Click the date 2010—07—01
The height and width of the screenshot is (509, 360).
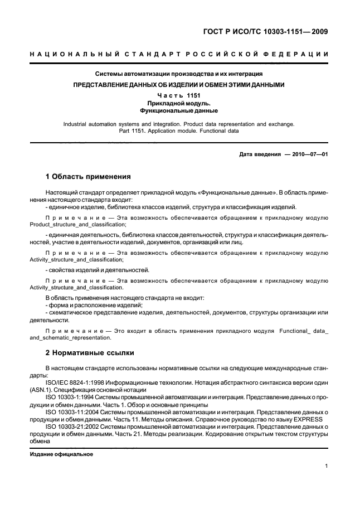pyautogui.click(x=307, y=154)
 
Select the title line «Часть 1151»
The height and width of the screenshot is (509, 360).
pyautogui.click(x=179, y=96)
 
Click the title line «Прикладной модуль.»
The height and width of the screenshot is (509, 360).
pyautogui.click(x=179, y=104)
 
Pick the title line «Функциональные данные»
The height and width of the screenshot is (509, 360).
pyautogui.click(x=179, y=112)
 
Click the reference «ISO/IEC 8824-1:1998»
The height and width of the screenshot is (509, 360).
pyautogui.click(x=75, y=381)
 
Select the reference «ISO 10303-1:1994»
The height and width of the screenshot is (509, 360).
pyautogui.click(x=71, y=397)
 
